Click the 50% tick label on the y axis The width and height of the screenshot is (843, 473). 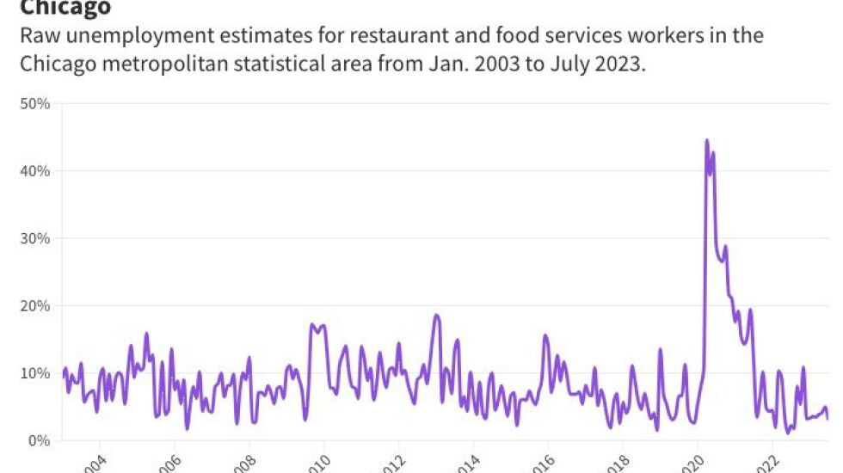coord(38,104)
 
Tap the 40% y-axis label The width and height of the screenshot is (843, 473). coord(38,171)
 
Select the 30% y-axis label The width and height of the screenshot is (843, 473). coord(38,238)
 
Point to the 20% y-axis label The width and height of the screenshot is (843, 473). coord(38,305)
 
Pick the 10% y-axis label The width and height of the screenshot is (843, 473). coord(38,373)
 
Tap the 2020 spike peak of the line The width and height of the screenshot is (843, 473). coord(706,140)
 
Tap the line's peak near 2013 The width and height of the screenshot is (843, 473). coord(436,316)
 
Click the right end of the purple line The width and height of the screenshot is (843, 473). coord(828,418)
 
